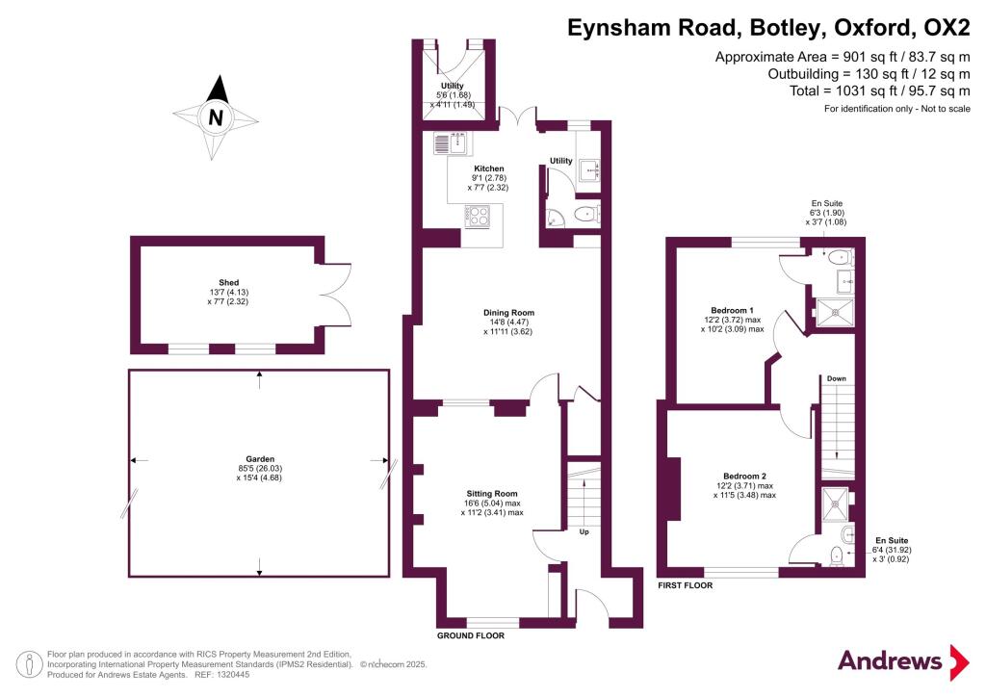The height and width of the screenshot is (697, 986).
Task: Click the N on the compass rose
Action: click(216, 117)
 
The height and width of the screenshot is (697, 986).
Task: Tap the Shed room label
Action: click(229, 283)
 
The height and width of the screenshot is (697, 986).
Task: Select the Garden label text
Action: click(260, 459)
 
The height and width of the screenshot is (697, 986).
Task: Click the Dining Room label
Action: click(508, 312)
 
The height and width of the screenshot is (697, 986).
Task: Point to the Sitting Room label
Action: click(492, 493)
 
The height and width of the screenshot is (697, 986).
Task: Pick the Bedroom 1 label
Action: click(732, 310)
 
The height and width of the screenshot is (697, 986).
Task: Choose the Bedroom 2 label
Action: click(744, 476)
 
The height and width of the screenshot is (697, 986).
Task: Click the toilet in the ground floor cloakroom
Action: click(587, 215)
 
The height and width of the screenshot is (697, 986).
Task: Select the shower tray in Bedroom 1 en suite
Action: click(835, 313)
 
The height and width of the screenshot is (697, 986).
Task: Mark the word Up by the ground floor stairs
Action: click(584, 531)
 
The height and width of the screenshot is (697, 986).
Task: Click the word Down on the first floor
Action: click(837, 378)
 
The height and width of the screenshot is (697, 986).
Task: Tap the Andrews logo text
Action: click(890, 660)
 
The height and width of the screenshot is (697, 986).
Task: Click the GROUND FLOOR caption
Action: click(471, 635)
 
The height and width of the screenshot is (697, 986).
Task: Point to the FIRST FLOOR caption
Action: click(686, 585)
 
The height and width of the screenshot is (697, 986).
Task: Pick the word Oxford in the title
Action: click(869, 28)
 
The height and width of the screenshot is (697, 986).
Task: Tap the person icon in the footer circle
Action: click(28, 664)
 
